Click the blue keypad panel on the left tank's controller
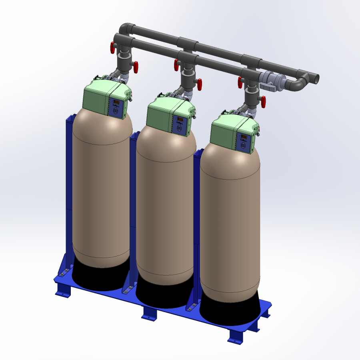tap(116, 108)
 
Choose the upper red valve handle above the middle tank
tap(176, 65)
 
